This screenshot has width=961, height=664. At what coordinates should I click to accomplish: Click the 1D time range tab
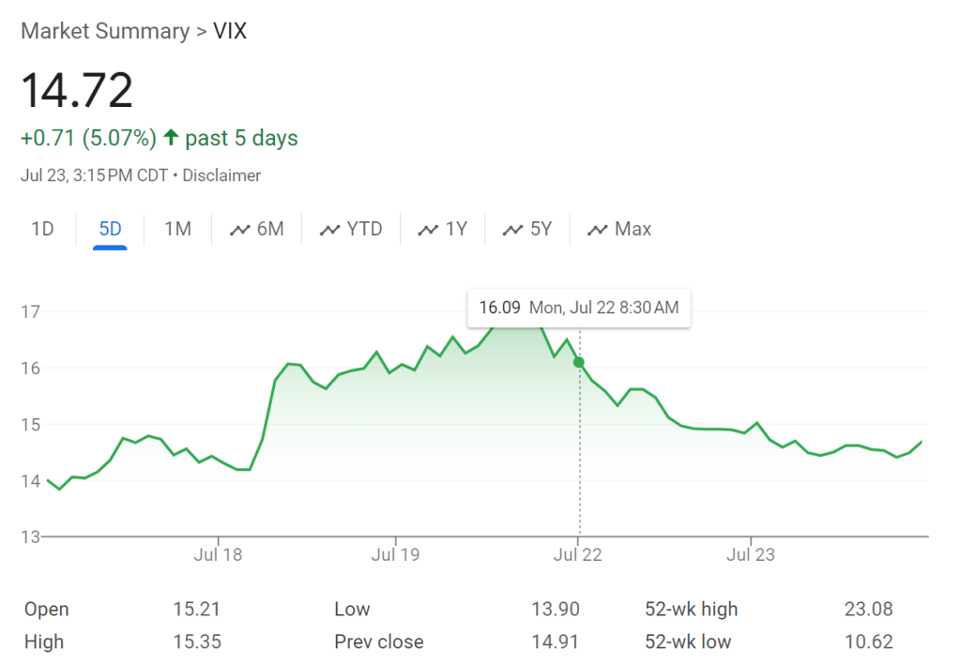[x=42, y=229]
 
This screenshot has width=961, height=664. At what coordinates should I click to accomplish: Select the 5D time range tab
[x=110, y=229]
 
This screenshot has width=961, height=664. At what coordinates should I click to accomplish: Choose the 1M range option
[x=177, y=229]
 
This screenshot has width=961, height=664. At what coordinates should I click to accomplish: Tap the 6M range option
[x=257, y=229]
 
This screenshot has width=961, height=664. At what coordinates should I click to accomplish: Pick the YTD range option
[x=351, y=229]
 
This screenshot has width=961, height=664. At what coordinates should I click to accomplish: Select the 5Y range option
[x=527, y=229]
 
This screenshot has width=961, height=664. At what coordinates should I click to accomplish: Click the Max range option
[x=619, y=229]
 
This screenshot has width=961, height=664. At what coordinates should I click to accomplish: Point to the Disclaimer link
[x=221, y=175]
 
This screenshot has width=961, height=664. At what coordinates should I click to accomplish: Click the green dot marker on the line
[x=579, y=362]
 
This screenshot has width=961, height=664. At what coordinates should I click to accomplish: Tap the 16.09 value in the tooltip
[x=498, y=308]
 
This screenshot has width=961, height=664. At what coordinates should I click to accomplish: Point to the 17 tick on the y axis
[x=30, y=311]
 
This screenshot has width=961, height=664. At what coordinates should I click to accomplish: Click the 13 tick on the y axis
[x=30, y=537]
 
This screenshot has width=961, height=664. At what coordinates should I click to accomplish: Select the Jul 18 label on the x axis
[x=218, y=554]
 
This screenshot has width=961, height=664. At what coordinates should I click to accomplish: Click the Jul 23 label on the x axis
[x=751, y=554]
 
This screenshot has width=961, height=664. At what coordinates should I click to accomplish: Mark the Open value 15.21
[x=196, y=610]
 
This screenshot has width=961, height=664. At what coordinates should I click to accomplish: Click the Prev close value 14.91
[x=555, y=642]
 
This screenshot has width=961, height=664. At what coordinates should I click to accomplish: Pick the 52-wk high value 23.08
[x=868, y=610]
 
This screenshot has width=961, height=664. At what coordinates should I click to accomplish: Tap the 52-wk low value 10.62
[x=868, y=642]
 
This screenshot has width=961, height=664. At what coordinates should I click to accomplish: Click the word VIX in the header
[x=231, y=31]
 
